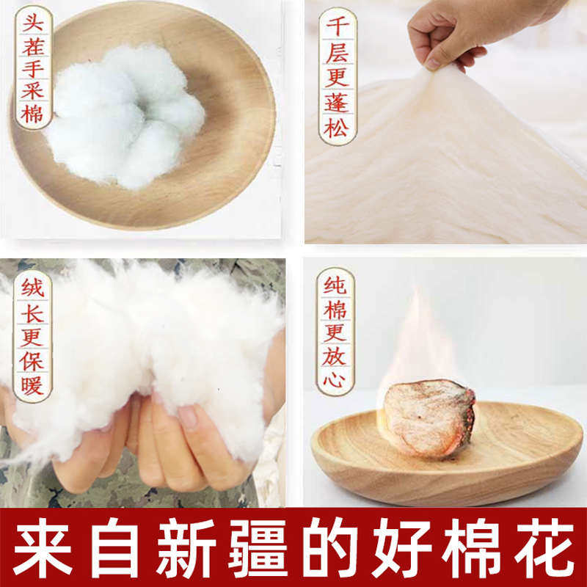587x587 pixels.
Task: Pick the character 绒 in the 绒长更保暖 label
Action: [x=32, y=286]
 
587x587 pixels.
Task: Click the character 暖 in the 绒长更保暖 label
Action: [x=32, y=385]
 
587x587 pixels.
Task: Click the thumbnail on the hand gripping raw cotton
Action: [x=188, y=417]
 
